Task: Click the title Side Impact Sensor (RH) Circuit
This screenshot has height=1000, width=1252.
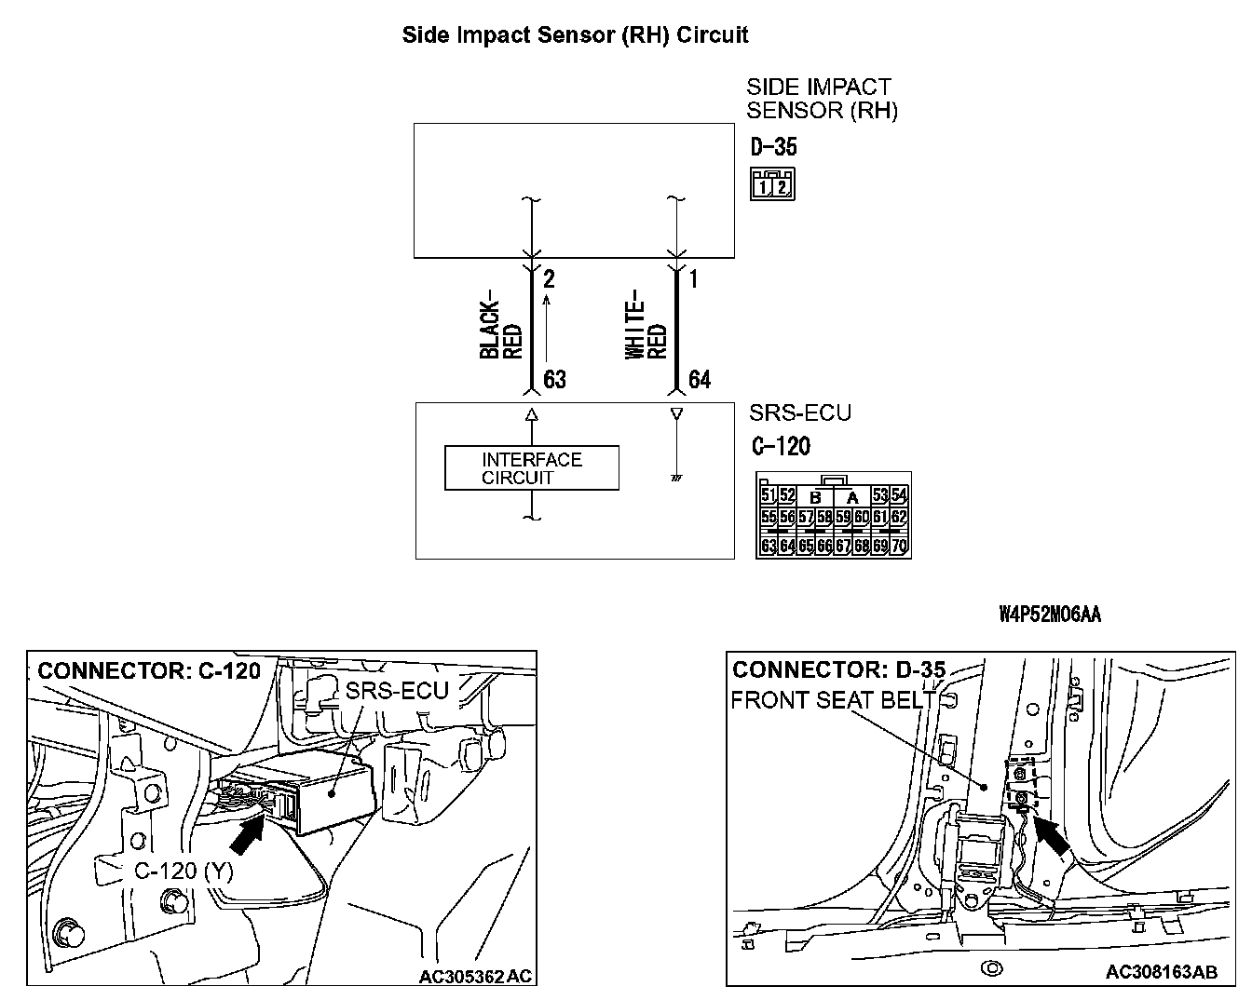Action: [x=575, y=35]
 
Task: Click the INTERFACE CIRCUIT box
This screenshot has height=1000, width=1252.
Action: [x=531, y=468]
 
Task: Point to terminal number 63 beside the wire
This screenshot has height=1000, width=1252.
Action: [x=554, y=380]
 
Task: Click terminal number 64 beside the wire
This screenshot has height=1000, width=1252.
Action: [x=699, y=380]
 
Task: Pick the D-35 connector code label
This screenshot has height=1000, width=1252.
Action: [x=773, y=147]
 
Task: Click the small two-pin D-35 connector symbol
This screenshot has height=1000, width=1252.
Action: [x=772, y=184]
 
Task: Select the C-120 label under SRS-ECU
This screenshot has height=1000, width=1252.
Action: [x=780, y=447]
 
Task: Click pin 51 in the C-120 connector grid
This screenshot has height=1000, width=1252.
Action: [x=769, y=495]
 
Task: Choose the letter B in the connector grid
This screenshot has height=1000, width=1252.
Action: [x=814, y=498]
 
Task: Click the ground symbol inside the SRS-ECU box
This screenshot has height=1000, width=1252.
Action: [x=676, y=479]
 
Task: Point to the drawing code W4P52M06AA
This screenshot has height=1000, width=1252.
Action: [x=1049, y=615]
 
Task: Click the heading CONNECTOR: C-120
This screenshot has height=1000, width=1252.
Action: [x=149, y=670]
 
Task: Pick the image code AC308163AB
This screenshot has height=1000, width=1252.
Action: [x=1161, y=972]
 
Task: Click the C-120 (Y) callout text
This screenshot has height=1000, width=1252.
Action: [x=184, y=871]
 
